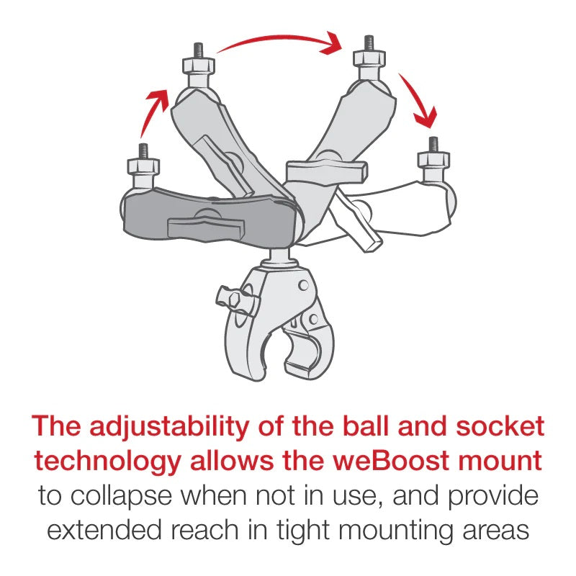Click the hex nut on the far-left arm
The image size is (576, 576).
tap(143, 167)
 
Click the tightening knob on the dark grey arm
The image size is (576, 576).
tap(195, 226)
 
